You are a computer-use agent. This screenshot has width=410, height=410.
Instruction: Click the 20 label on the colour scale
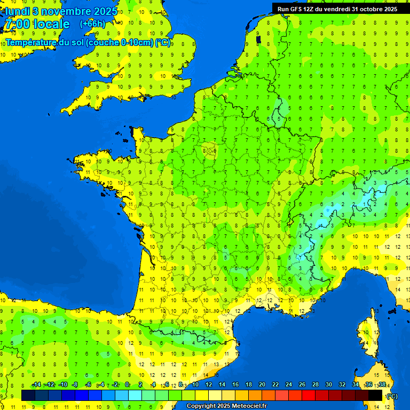[x=262, y=384]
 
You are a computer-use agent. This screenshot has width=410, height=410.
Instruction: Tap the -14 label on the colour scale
[x=36, y=384]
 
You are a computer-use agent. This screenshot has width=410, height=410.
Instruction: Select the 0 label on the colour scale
[x=127, y=384]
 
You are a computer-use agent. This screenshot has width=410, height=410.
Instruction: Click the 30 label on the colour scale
[x=328, y=384]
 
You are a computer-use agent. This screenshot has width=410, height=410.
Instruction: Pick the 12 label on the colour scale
[x=209, y=384]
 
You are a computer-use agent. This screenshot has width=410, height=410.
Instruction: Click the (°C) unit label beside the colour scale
[x=392, y=396]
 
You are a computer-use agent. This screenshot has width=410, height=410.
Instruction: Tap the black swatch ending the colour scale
[x=375, y=395]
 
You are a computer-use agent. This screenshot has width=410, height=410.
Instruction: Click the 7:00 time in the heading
[x=18, y=24]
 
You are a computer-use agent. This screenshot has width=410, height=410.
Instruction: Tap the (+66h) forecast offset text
[x=92, y=24]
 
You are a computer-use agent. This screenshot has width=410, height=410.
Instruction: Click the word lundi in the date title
[x=17, y=11]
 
